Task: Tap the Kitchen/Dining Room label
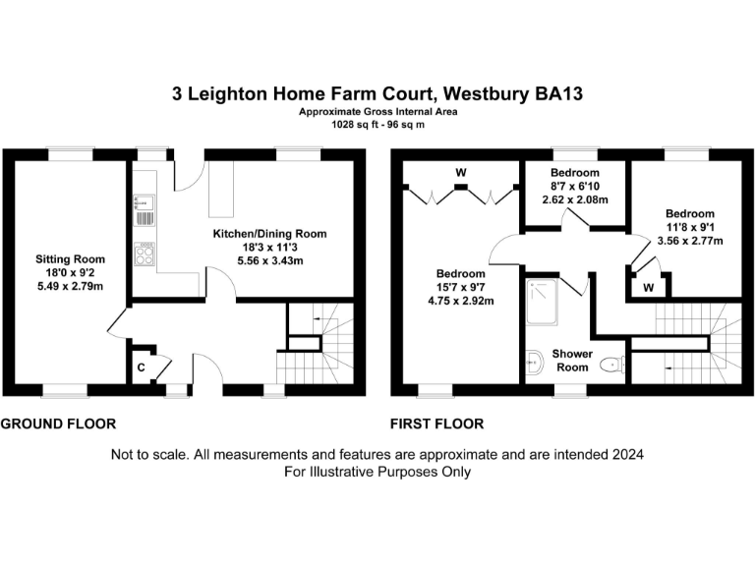[270, 234]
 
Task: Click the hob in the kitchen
[143, 255]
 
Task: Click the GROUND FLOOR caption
[58, 424]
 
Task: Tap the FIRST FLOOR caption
[437, 424]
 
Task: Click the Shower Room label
[571, 360]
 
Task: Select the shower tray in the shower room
[543, 301]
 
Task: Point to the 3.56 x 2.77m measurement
[689, 241]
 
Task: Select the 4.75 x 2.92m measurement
[461, 301]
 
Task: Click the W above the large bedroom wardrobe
[460, 174]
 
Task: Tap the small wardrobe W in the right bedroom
[649, 288]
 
